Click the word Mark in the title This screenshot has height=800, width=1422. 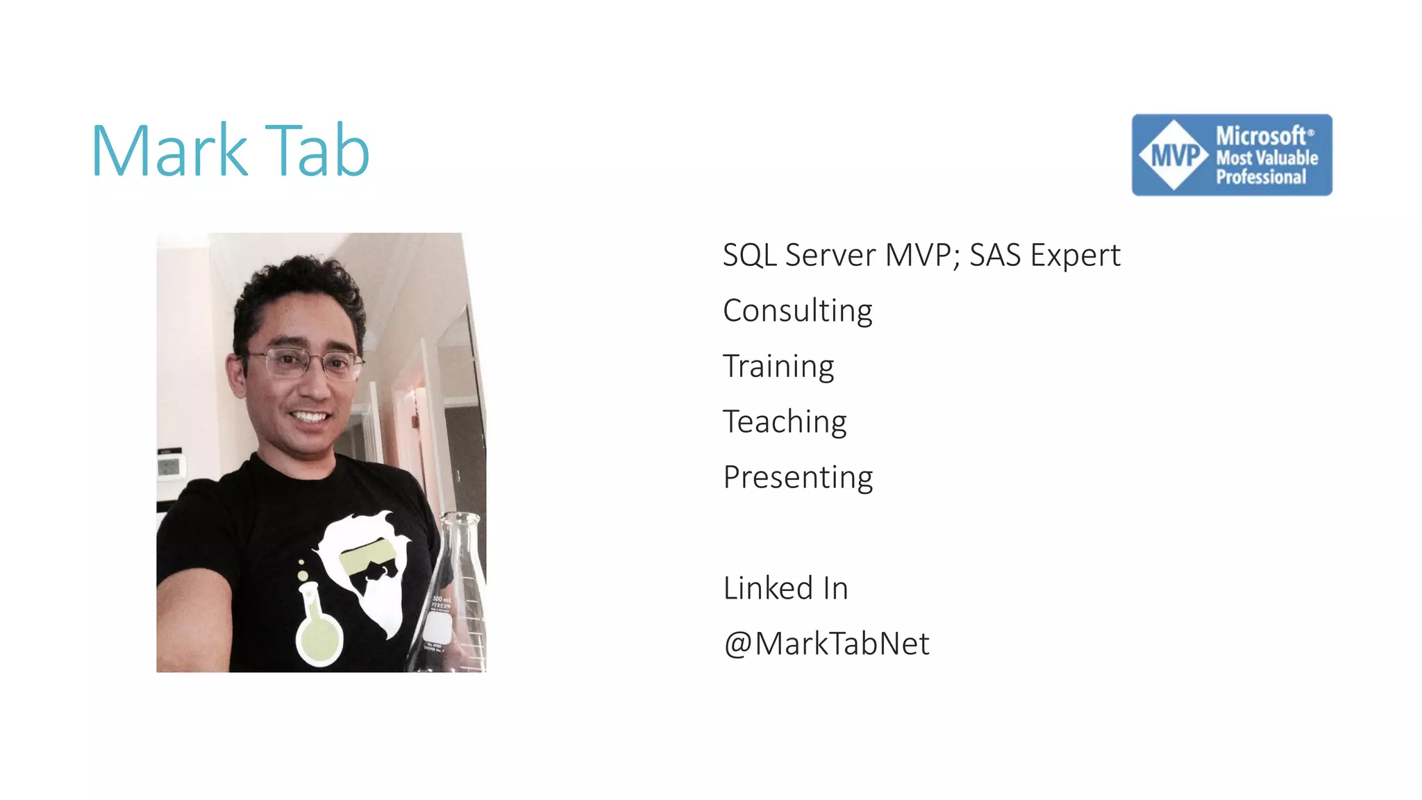coord(169,151)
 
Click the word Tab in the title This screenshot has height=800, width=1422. coord(317,151)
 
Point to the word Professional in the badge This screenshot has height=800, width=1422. coord(1260,177)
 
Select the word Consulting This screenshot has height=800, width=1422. coord(797,310)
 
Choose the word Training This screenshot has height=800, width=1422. coord(778,366)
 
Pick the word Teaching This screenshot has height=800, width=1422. coord(785,422)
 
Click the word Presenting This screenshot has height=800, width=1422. coord(798,477)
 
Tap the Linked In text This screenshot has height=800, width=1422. coord(785,588)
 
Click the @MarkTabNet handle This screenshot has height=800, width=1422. coord(826,644)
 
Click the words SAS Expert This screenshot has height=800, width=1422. coord(1044,255)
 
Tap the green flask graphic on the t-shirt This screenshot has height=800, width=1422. coord(318,625)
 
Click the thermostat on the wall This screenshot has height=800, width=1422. coord(171,463)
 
